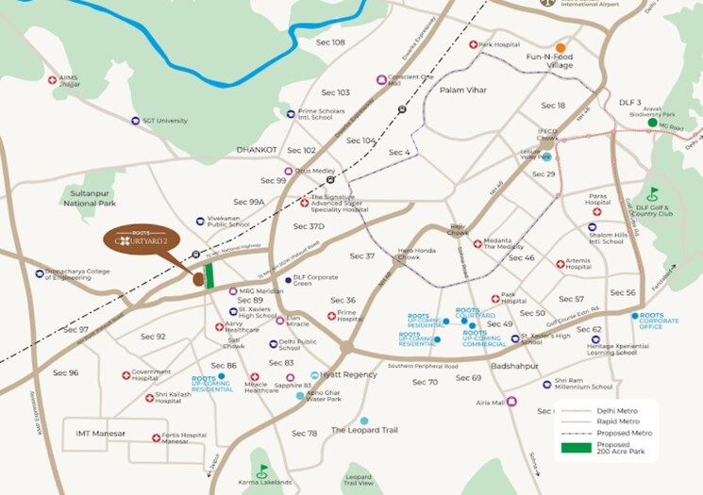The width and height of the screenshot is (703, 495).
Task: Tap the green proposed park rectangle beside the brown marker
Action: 209,275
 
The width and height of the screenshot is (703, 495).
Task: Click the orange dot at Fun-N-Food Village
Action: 561,47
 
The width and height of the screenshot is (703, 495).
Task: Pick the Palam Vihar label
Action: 462,89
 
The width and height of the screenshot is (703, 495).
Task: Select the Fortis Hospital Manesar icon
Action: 157,437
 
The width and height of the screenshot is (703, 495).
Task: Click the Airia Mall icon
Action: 511,402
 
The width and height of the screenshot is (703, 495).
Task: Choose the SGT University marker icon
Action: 133,121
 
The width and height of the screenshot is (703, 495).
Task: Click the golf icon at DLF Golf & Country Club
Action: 652,195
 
